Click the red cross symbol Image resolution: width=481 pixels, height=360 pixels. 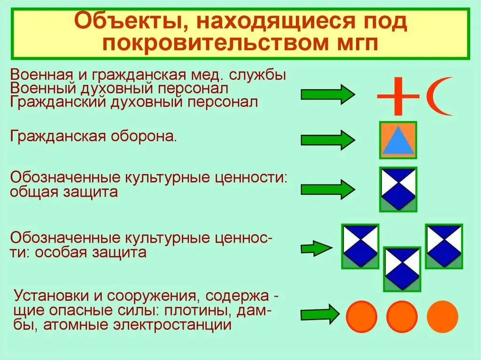tap(398, 95)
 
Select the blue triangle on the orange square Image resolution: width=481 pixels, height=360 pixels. tap(398, 140)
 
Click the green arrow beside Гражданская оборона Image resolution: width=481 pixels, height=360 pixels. tap(328, 140)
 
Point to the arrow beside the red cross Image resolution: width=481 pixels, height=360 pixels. tap(328, 94)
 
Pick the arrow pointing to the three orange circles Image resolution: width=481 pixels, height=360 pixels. tap(319, 314)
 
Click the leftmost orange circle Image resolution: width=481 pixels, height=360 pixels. tap(362, 315)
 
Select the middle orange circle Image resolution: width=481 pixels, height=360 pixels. tap(402, 315)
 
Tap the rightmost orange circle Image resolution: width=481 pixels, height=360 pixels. tap(442, 315)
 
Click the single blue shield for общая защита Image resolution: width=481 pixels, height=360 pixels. tap(398, 189)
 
